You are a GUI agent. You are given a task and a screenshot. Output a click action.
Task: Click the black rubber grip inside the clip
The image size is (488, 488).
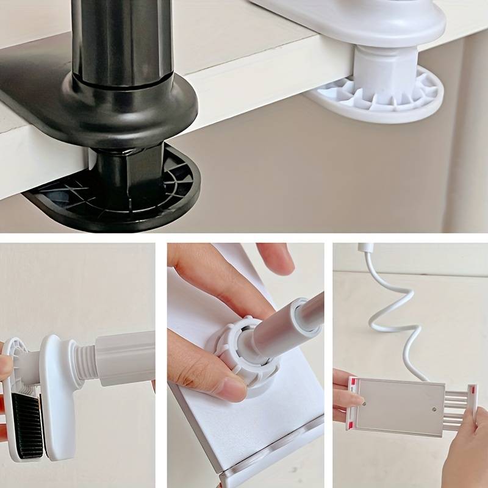(x=27, y=424)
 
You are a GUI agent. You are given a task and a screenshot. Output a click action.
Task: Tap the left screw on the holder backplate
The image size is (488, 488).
(x=364, y=403)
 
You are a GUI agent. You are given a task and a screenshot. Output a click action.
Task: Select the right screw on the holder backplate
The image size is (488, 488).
(x=434, y=409)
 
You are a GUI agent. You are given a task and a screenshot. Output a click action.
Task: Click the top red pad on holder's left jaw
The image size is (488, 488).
(x=352, y=383)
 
